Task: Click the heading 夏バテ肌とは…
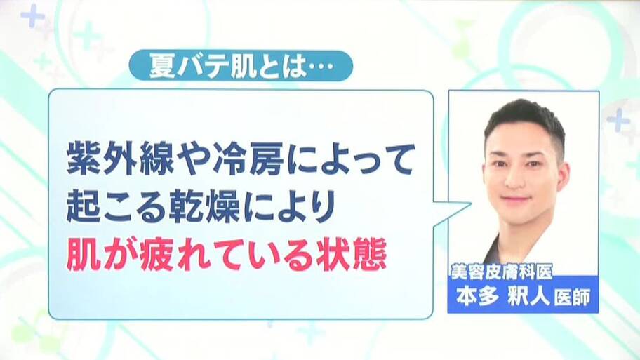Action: tap(241, 66)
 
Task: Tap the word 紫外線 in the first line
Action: tap(120, 159)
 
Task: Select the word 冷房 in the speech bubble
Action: tap(248, 159)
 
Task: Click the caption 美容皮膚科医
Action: tap(501, 272)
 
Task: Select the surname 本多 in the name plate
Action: tap(478, 296)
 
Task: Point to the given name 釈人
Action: tap(528, 296)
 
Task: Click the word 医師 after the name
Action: tap(572, 298)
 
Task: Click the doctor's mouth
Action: tap(516, 200)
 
